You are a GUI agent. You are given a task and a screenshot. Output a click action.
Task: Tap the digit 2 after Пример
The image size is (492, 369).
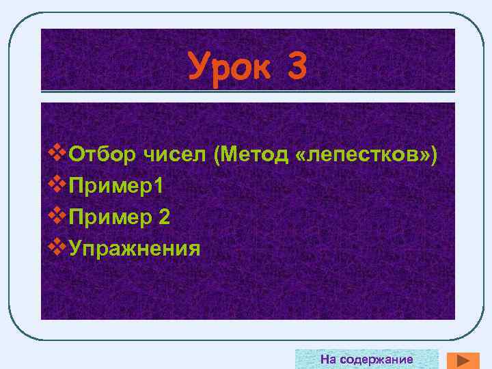tap(164, 217)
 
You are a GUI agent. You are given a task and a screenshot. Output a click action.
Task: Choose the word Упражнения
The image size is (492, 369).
tap(134, 247)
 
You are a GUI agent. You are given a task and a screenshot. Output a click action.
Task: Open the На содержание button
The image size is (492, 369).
tap(366, 359)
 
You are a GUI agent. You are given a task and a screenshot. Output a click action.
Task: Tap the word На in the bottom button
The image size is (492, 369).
tap(329, 359)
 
